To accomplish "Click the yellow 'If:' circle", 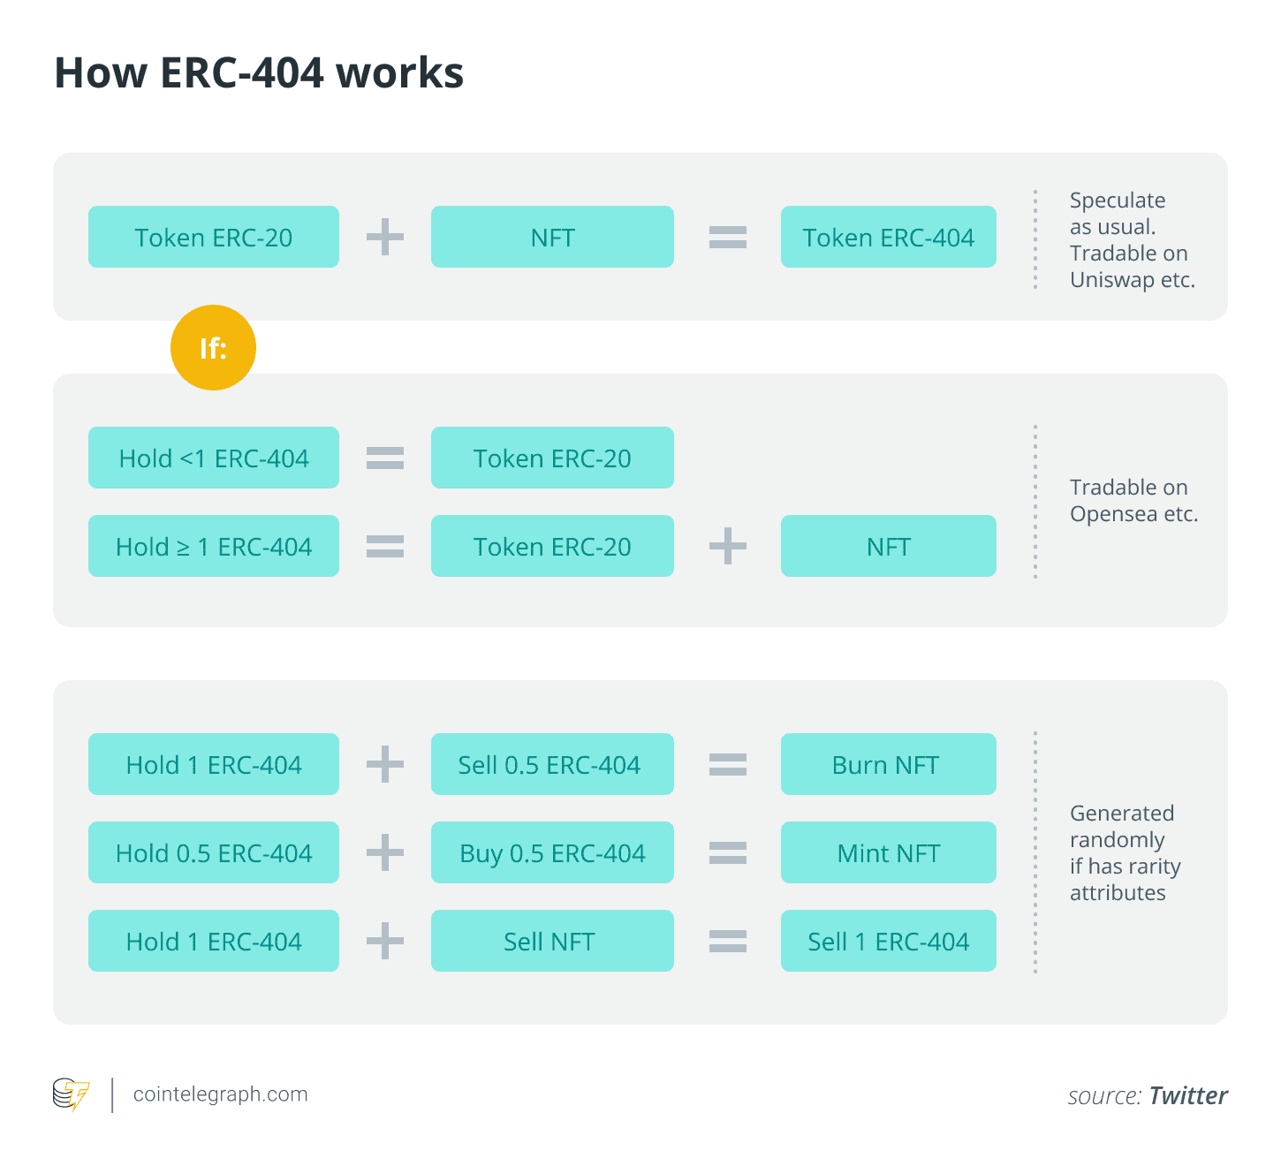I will (213, 347).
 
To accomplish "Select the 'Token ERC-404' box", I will (888, 237).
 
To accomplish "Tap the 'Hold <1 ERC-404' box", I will (213, 458).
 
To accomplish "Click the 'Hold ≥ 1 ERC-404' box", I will (213, 546).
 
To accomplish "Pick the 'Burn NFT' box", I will (888, 764).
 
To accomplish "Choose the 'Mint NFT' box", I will (888, 852).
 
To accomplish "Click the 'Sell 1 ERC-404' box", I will (888, 941).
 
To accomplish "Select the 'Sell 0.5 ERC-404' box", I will (552, 764).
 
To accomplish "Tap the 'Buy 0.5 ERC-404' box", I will (552, 852).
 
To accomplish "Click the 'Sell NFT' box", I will (552, 941).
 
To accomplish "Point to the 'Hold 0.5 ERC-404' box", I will (213, 852).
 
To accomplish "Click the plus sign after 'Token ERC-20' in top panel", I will (385, 237).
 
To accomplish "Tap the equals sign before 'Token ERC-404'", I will (728, 237).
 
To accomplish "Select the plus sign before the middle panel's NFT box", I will (728, 546).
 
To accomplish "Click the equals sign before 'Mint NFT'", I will (728, 852).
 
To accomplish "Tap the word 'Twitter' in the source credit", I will (1188, 1095).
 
